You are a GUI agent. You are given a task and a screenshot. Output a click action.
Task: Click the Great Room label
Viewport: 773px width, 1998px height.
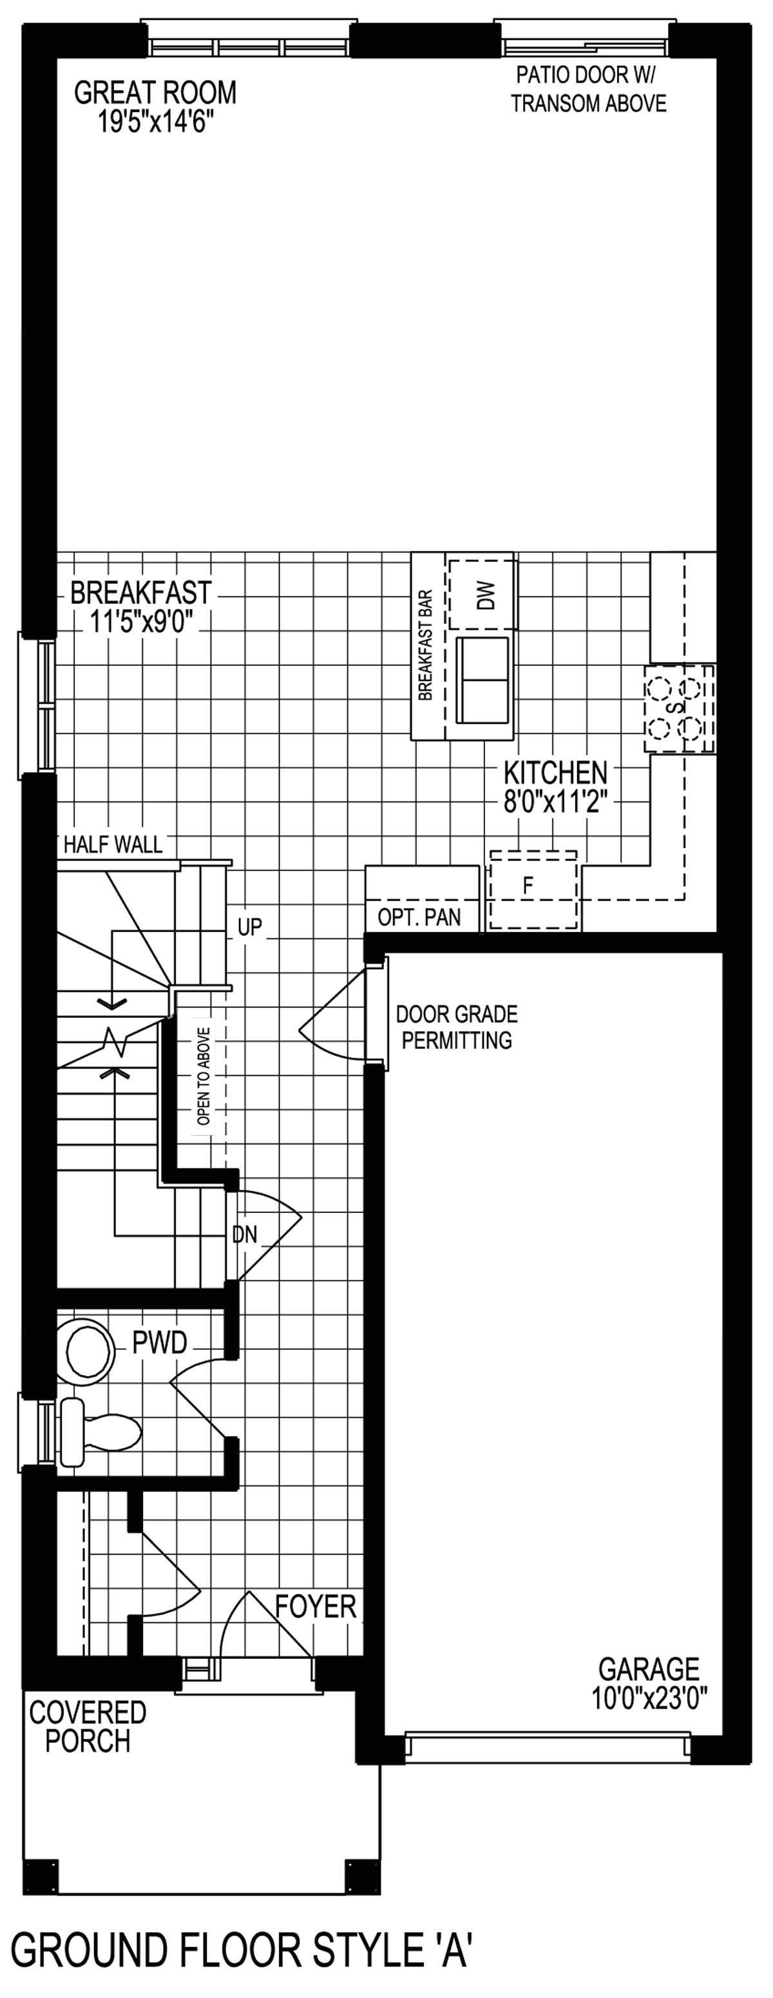point(155,93)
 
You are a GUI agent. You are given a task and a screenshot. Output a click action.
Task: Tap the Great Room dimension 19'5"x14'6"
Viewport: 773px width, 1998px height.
point(155,122)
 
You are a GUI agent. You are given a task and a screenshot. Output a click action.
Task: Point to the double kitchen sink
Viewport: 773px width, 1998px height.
point(482,680)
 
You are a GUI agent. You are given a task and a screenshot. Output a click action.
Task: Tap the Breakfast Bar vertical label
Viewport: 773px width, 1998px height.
point(425,646)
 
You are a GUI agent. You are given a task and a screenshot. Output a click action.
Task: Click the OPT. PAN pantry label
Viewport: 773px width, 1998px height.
point(419,918)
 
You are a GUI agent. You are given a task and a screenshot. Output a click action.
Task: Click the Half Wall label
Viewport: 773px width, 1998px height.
point(113,845)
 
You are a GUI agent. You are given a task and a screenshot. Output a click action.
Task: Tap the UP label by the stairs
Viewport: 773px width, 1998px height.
point(250,927)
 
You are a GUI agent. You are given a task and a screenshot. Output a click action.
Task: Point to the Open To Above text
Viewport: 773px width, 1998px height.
point(203,1076)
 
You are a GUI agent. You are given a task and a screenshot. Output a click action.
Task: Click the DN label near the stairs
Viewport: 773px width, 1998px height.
point(245,1235)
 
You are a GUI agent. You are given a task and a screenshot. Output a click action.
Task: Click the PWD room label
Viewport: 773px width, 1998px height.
point(160,1343)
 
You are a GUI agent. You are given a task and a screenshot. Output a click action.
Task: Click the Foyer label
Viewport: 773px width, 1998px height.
point(316,1606)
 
